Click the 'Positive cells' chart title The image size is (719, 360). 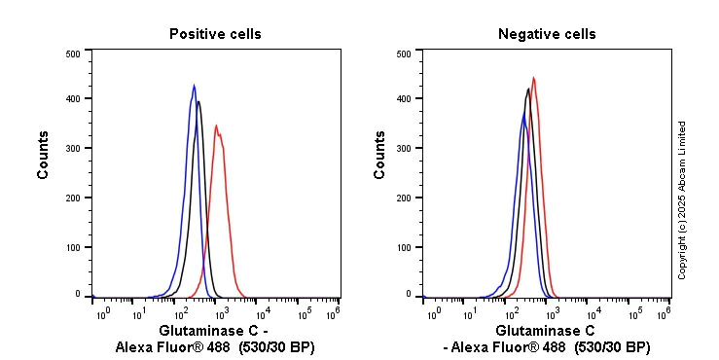(215, 34)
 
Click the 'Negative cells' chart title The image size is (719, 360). (547, 34)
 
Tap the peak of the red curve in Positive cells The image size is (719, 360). (216, 125)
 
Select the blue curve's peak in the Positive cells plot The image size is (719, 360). (194, 85)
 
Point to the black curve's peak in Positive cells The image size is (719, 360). (198, 100)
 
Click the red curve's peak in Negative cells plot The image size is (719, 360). (533, 78)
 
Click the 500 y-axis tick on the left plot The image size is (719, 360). (73, 54)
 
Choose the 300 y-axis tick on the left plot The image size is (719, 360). (73, 148)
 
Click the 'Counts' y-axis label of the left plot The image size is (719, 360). (44, 156)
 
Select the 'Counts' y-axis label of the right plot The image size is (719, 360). (379, 156)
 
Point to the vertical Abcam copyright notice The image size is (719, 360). (682, 199)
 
